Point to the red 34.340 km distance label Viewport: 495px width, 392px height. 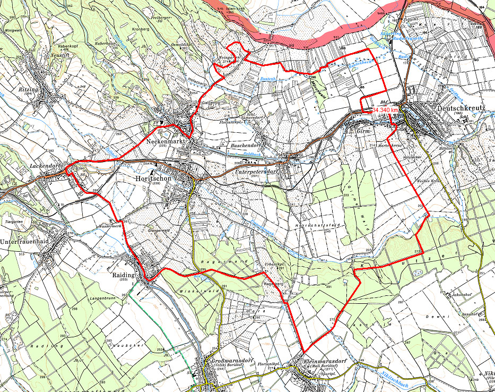click(385, 109)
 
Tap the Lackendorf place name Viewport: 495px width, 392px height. click(47, 166)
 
